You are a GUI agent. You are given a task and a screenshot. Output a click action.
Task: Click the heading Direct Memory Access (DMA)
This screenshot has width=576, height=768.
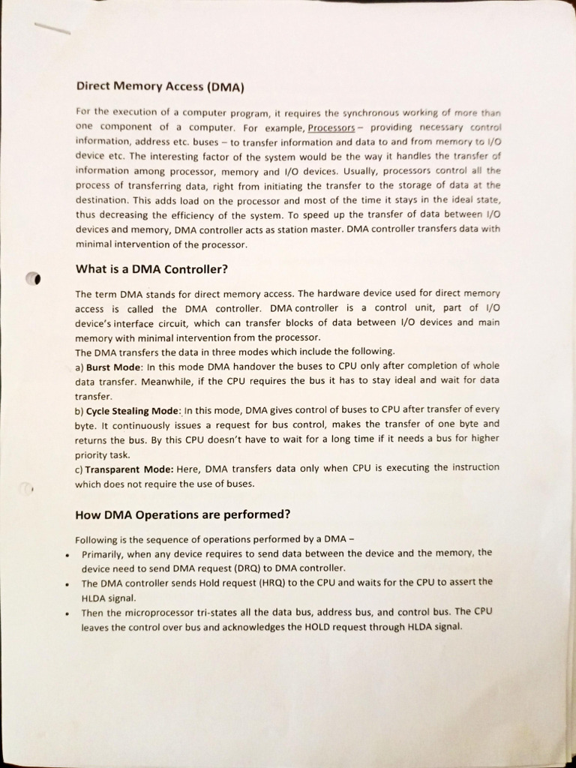tap(160, 86)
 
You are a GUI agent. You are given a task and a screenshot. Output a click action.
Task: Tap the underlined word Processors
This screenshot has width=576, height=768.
tap(331, 127)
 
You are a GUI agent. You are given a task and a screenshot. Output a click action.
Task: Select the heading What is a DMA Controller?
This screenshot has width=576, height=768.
tap(151, 269)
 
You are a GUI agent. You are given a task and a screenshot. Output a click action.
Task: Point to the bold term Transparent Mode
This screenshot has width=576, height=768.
tap(129, 468)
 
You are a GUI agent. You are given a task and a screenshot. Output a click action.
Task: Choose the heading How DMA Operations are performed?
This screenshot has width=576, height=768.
tap(182, 514)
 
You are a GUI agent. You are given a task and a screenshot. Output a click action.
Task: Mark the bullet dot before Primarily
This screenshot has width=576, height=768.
tap(67, 555)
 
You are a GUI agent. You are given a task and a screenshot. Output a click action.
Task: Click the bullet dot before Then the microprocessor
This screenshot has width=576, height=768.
tap(67, 613)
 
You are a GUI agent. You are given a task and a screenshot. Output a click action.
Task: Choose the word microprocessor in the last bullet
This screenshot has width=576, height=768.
tap(141, 612)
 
